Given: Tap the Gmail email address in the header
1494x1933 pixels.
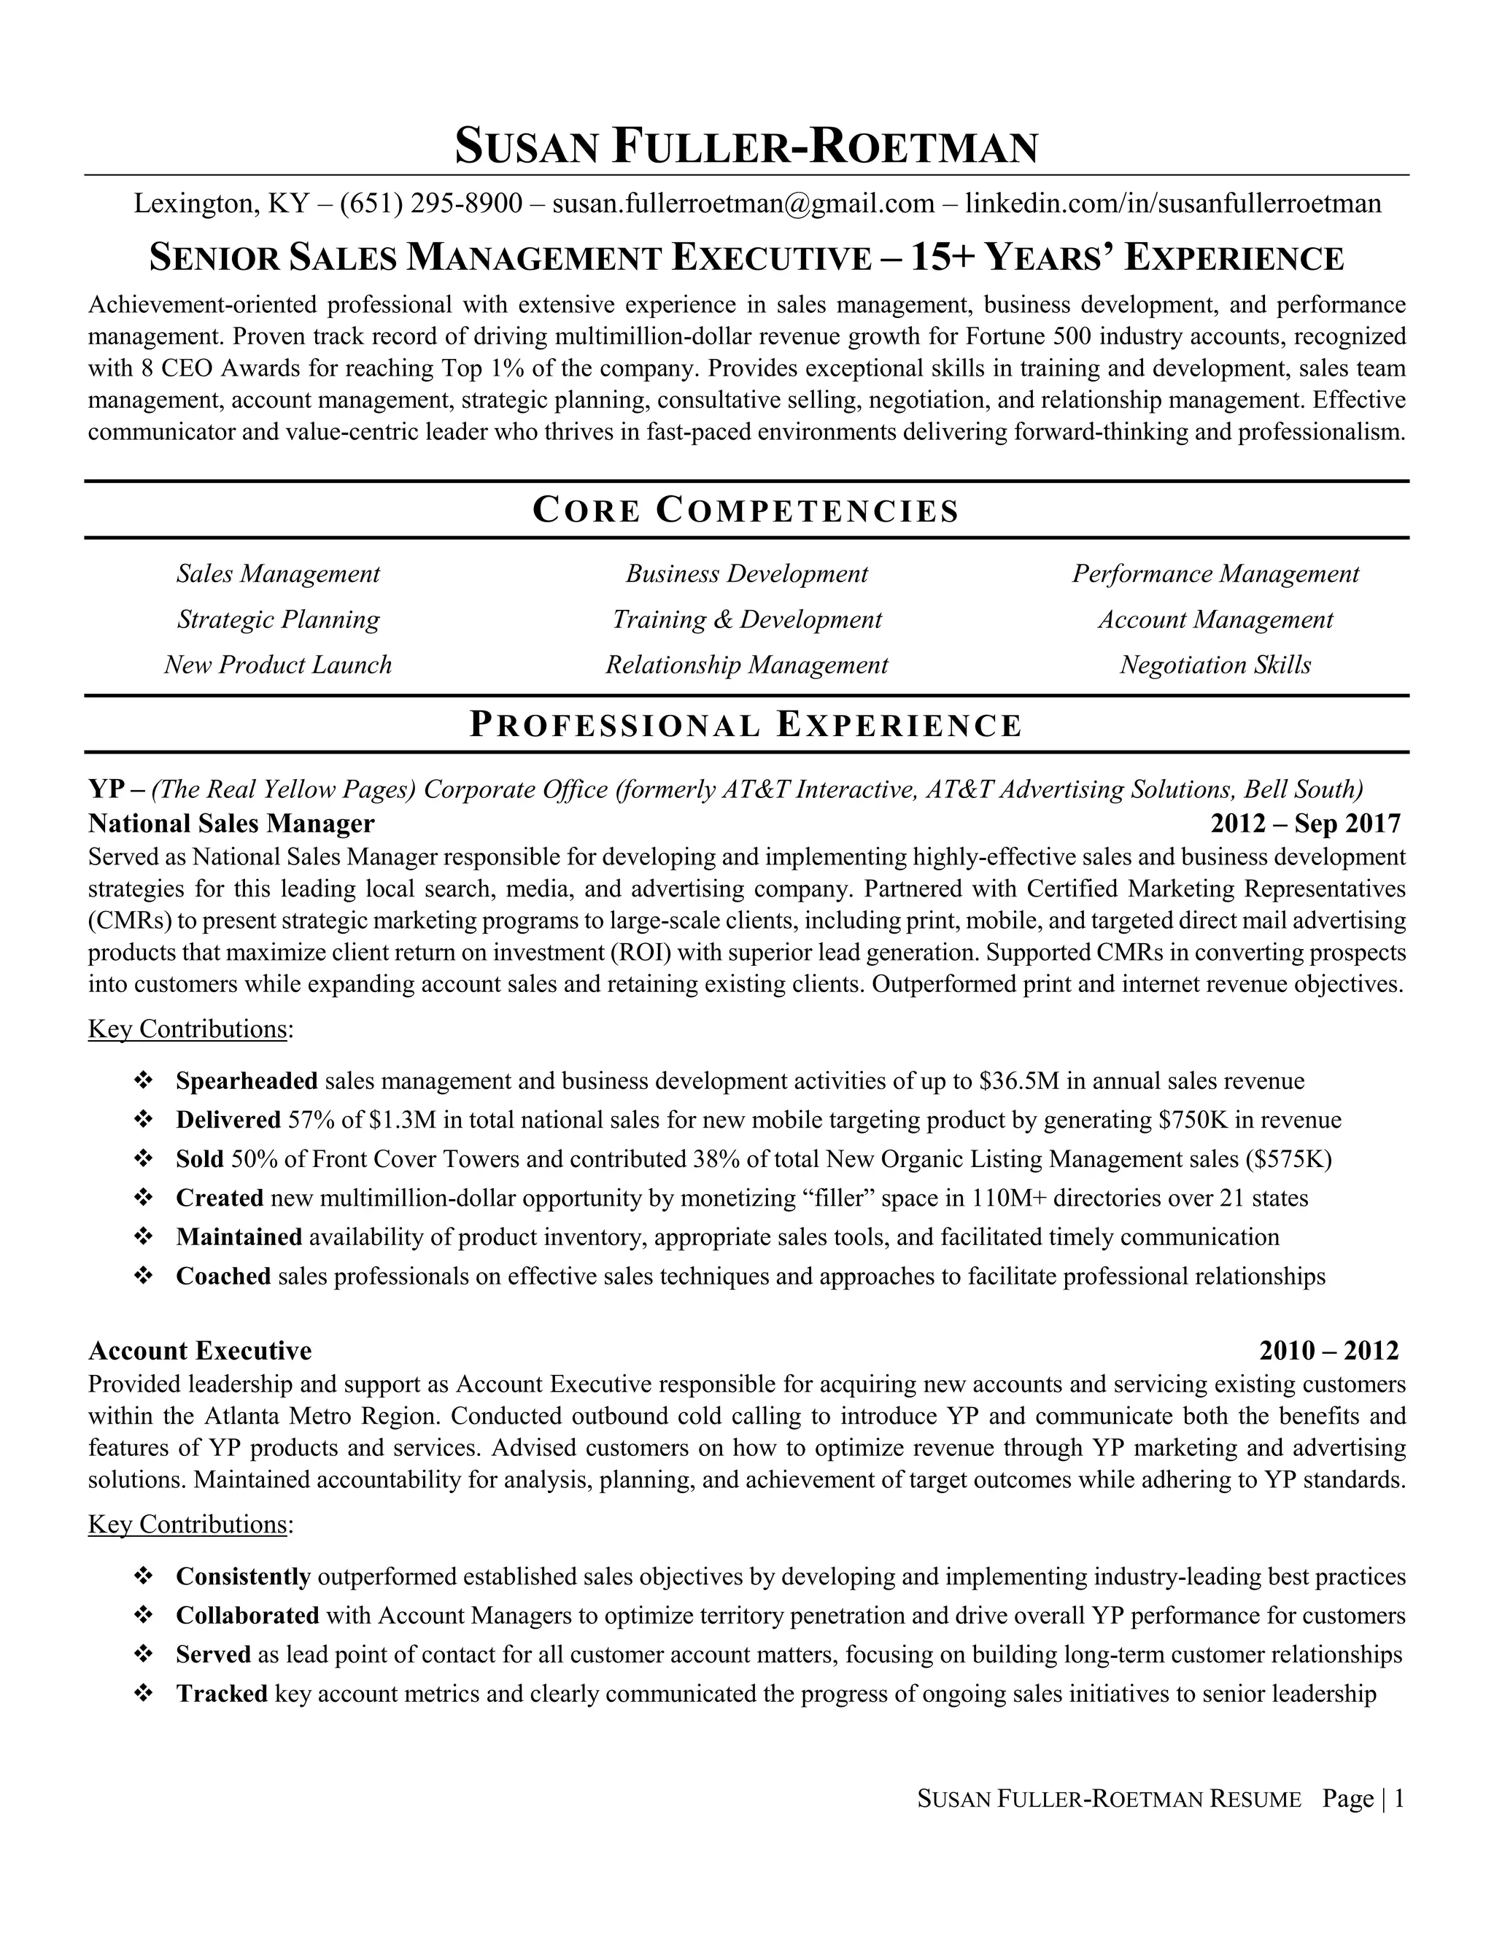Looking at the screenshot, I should [x=743, y=204].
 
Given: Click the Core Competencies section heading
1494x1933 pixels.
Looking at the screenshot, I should [x=746, y=511].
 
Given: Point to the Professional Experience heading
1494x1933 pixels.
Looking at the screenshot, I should [x=746, y=725].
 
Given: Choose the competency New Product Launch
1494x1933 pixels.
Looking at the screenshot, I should [x=278, y=665].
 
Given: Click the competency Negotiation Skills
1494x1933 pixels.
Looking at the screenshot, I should [x=1215, y=665].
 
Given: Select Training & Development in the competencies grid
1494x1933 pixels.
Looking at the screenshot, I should [x=747, y=619].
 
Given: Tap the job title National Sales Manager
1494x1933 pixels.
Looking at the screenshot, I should [x=231, y=824].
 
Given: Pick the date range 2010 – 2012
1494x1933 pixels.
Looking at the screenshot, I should [x=1328, y=1351].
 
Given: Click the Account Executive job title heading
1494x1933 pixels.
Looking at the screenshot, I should [x=200, y=1351].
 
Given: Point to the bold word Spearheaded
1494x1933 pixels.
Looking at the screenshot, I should [x=247, y=1081].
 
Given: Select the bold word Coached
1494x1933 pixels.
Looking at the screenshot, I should [x=223, y=1277].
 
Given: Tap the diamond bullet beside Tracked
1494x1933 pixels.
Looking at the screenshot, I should [x=142, y=1694].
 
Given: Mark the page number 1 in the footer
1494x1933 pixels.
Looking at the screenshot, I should [x=1398, y=1799].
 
